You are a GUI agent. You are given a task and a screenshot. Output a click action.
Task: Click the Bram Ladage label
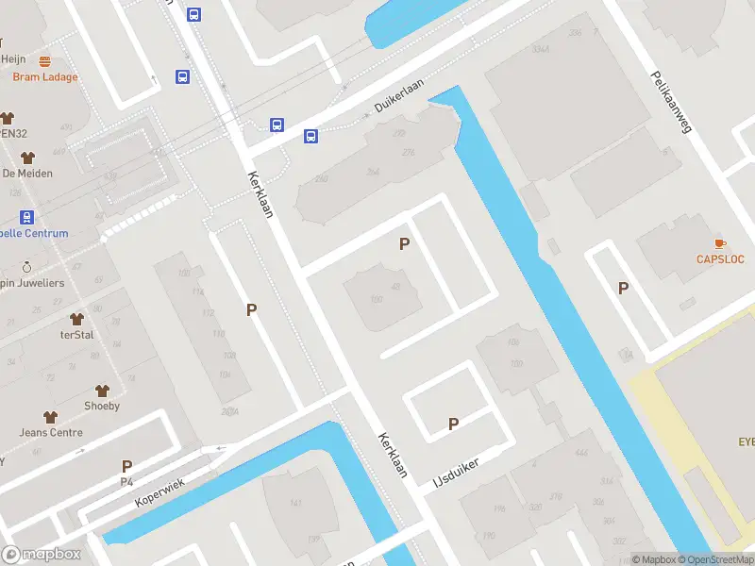coord(44,77)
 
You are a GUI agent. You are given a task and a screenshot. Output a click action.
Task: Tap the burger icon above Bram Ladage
coord(44,61)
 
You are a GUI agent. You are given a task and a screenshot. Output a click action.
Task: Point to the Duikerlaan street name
coord(399,97)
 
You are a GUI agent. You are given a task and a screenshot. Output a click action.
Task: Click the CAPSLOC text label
coord(720,259)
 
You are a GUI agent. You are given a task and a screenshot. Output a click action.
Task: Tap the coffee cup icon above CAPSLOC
coord(720,243)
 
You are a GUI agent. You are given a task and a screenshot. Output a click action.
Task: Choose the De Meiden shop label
coord(27,174)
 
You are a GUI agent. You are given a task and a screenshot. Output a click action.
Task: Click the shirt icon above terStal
coord(76,319)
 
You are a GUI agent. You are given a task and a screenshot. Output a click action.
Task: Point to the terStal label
coord(76,335)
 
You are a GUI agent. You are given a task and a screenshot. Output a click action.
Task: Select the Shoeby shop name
coord(102,407)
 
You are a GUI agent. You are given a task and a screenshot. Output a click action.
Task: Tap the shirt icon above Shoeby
coord(102,390)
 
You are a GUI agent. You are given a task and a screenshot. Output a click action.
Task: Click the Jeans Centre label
coord(51,433)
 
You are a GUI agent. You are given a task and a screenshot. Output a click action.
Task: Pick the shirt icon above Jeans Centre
coord(51,416)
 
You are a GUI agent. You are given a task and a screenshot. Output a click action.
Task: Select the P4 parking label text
coord(126,482)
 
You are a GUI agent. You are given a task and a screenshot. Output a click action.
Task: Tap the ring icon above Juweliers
coord(26,266)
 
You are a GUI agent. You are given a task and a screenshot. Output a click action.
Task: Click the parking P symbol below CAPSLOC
coord(623,288)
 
